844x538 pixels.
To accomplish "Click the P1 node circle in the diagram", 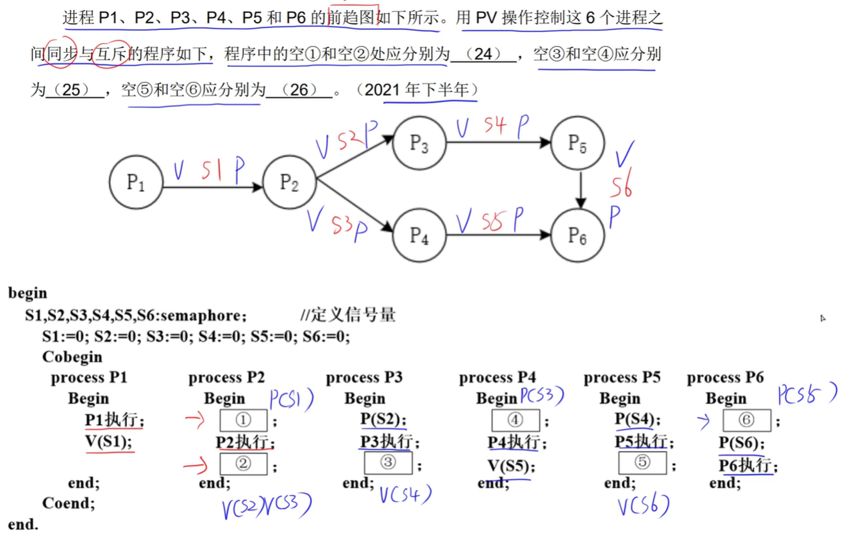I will (x=136, y=182).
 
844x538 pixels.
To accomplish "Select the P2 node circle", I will (x=289, y=182).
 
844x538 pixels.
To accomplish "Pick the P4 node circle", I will (x=419, y=235).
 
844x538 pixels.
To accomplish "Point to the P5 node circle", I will (x=577, y=142).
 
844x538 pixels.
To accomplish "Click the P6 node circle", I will (x=577, y=235).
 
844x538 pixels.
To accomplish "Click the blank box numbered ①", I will (x=243, y=420).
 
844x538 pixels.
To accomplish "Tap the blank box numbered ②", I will (x=243, y=463).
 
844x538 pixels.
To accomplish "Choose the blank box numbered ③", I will (x=388, y=462).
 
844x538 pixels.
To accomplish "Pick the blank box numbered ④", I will (x=515, y=420).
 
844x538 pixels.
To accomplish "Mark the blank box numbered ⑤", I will (x=642, y=462).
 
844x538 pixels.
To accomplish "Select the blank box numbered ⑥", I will (x=747, y=420).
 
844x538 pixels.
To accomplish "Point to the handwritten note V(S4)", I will (x=405, y=495).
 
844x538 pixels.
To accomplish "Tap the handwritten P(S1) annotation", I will (x=292, y=400).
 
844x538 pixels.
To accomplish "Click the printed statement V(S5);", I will (x=511, y=466).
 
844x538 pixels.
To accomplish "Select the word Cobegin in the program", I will (x=72, y=357).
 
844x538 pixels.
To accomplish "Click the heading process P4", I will (x=497, y=378).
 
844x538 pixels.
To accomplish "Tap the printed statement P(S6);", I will (x=742, y=442).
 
